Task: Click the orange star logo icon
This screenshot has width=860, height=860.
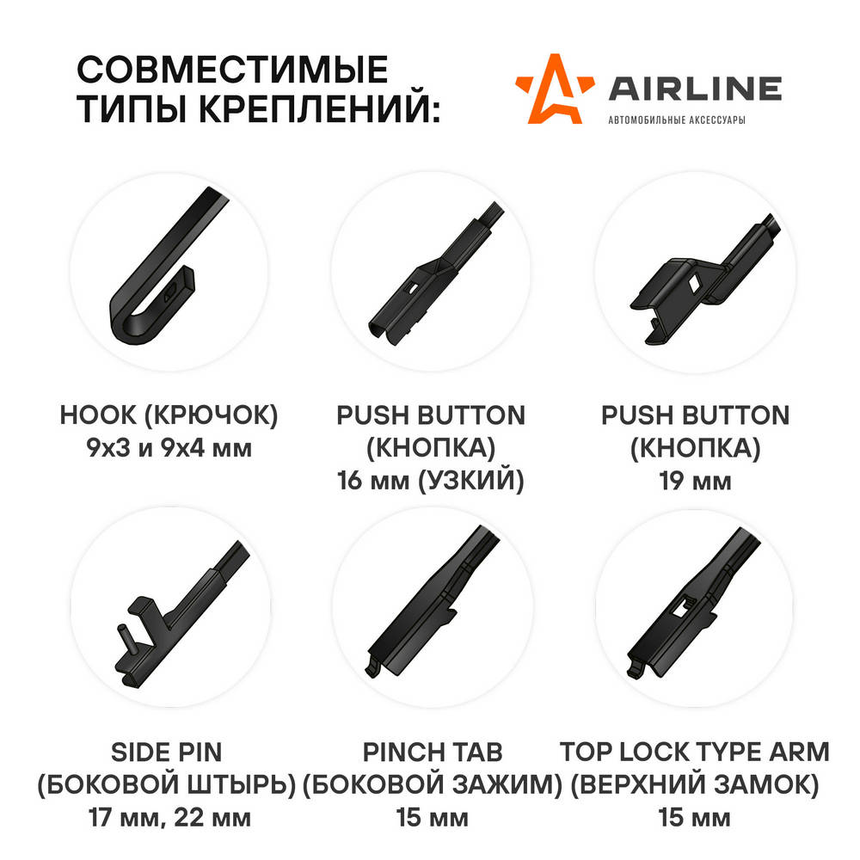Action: point(554,89)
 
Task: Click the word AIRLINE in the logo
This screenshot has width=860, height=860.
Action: point(695,89)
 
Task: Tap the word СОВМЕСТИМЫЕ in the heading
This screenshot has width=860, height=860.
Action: point(232,69)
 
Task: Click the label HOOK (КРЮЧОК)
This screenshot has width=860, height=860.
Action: point(169,415)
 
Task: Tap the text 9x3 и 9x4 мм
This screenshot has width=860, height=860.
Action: point(169,448)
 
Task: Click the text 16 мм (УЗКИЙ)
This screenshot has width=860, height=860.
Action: point(431,481)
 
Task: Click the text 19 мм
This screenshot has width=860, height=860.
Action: point(695,481)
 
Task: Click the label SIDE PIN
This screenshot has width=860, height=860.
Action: point(166,752)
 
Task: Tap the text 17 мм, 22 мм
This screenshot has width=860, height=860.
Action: point(169,818)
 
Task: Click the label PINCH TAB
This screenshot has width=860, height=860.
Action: point(433,752)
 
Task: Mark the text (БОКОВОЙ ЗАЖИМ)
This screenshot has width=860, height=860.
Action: point(433,785)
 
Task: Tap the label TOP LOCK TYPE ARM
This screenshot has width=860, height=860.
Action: point(694,752)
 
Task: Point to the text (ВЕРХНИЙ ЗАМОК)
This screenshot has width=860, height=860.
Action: point(694,785)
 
